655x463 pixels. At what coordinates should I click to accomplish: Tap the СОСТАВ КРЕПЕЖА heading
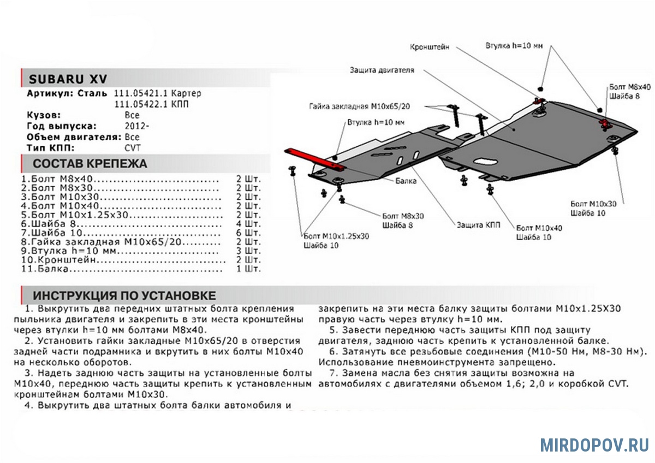90,164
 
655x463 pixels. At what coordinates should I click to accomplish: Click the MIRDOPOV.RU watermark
594,444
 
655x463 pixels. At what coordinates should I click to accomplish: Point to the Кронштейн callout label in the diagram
430,48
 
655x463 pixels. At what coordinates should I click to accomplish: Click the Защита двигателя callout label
382,70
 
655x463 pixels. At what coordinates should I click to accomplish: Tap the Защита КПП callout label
475,224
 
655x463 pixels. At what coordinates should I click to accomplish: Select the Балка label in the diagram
407,180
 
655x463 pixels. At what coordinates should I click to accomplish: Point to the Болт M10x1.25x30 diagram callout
336,236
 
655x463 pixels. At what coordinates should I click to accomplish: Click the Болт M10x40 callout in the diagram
539,228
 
